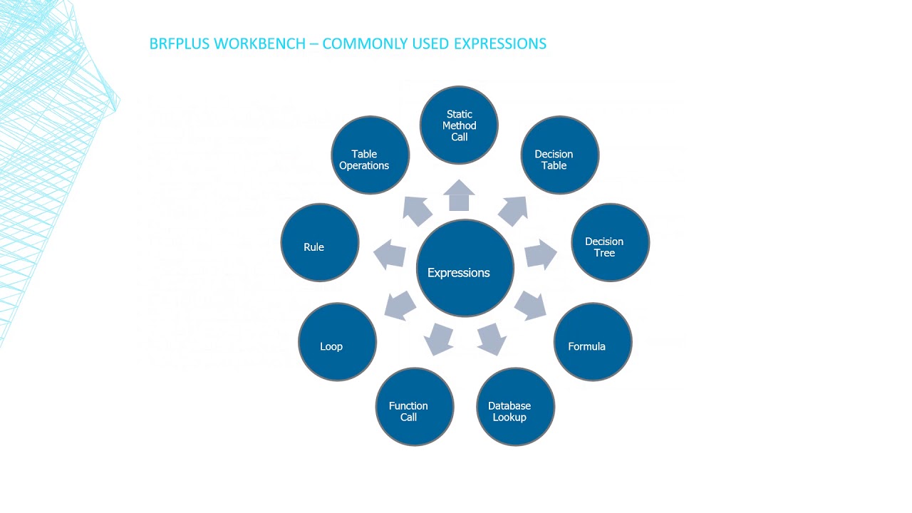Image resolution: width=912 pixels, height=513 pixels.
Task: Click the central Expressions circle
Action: [x=465, y=268]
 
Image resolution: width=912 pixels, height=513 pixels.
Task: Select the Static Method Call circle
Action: [x=459, y=125]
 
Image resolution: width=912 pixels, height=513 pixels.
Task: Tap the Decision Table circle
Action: [x=560, y=155]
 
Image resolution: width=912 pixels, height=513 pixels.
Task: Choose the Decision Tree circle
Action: [x=611, y=243]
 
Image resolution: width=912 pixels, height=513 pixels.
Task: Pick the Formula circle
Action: [x=593, y=342]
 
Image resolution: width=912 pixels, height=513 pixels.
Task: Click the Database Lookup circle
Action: [x=515, y=407]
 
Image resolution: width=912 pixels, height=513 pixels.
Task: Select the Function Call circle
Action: [x=415, y=407]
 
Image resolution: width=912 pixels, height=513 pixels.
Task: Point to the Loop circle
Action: [x=337, y=342]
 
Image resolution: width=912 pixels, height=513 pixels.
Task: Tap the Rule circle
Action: [x=320, y=243]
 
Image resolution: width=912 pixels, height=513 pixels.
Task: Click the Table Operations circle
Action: [x=370, y=155]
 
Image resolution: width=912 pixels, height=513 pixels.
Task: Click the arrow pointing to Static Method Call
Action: [x=460, y=195]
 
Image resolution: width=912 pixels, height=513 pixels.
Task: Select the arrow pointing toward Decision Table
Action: [x=513, y=210]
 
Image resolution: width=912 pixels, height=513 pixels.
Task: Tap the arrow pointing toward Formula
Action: [x=531, y=304]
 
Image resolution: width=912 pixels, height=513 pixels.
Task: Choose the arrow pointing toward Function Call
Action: [x=439, y=339]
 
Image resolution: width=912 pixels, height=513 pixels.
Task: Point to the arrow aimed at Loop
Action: [x=400, y=305]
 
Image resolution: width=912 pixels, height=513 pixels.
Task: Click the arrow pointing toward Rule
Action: [x=389, y=254]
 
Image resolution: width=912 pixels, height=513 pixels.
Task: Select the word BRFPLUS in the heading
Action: [x=180, y=43]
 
